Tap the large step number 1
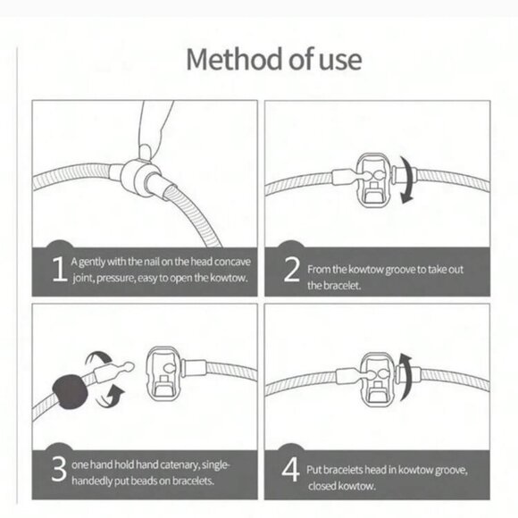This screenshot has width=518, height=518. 60,269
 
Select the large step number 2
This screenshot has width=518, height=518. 292,269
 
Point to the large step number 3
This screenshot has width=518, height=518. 59,469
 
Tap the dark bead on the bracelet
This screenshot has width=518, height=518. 70,392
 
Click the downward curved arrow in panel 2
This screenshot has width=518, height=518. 409,180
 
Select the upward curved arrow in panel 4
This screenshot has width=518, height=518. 406,377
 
